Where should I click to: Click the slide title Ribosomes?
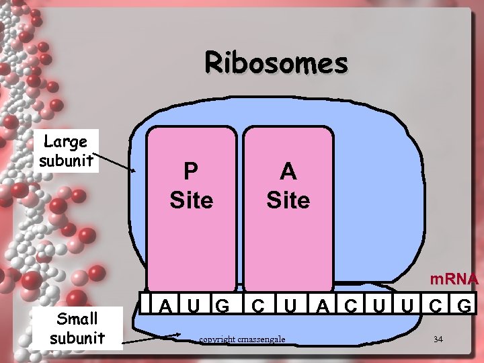click(x=276, y=63)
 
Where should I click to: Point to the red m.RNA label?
click(x=454, y=279)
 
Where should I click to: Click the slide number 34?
click(x=438, y=339)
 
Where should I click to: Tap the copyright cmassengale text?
click(x=242, y=339)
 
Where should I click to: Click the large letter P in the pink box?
click(x=191, y=171)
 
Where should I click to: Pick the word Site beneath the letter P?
click(x=192, y=200)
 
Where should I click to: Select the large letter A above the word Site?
click(x=288, y=171)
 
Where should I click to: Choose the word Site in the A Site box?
click(x=288, y=200)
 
